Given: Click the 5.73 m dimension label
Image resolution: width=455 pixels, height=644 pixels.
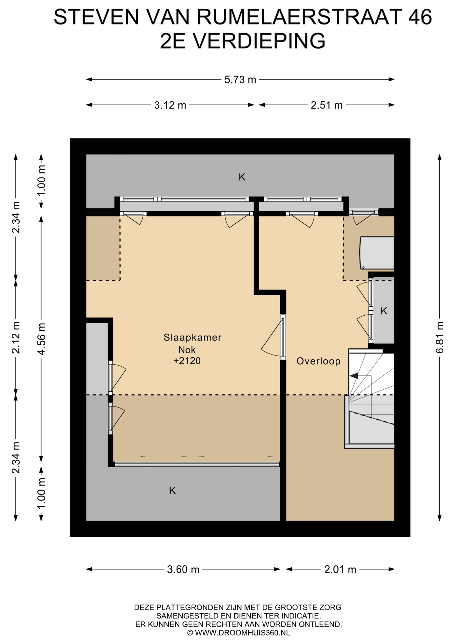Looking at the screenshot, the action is click(x=240, y=80).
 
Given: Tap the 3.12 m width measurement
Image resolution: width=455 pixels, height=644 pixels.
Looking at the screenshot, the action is click(x=170, y=105).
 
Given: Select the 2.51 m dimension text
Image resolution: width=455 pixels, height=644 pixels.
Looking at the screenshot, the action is click(x=326, y=105).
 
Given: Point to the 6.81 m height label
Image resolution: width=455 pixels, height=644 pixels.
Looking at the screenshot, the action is click(x=440, y=337).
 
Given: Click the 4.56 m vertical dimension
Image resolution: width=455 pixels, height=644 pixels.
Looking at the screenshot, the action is click(x=41, y=338).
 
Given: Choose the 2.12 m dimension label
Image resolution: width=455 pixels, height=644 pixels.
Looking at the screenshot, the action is click(x=16, y=337).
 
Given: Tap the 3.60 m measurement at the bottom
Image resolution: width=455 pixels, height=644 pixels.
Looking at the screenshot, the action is click(x=183, y=570).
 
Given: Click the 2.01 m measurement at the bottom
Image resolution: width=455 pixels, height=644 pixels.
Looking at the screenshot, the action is click(x=340, y=570).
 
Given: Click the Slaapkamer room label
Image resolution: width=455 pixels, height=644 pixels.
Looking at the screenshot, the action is click(x=192, y=337).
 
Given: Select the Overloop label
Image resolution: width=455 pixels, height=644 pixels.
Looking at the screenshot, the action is click(x=318, y=361).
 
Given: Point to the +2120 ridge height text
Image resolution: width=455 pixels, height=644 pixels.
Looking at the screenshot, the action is click(x=187, y=361).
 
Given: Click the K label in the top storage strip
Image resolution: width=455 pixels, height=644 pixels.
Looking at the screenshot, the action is click(x=242, y=177).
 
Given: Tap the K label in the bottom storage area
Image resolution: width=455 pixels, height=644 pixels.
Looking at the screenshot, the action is click(x=172, y=491).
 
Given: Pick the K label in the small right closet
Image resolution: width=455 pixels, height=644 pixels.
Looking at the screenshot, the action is click(x=384, y=311).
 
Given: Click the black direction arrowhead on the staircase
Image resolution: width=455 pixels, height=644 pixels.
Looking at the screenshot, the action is click(x=354, y=376).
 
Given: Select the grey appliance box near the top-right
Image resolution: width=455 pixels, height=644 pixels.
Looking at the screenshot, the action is click(x=377, y=253).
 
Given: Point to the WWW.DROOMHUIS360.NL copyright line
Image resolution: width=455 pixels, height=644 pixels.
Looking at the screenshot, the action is click(x=238, y=633).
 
